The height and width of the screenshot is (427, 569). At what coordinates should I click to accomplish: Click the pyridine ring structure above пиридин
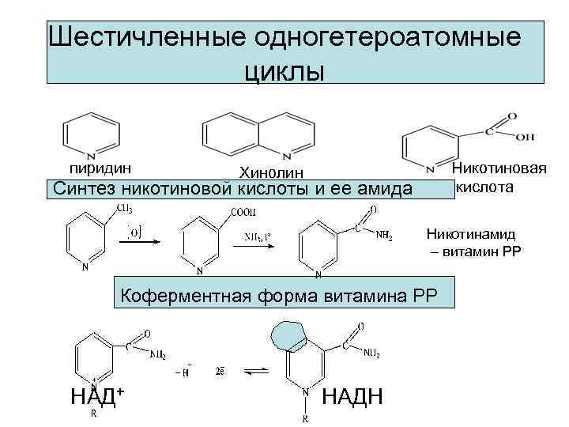click(92, 136)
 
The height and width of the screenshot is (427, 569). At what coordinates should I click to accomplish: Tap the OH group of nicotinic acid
click(525, 137)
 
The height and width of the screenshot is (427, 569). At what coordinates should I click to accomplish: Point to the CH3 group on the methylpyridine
click(124, 208)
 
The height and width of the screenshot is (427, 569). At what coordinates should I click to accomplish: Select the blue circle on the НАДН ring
click(290, 338)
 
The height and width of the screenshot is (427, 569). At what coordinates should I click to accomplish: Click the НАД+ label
click(99, 395)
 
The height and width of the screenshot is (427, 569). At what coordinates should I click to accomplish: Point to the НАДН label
click(353, 396)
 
